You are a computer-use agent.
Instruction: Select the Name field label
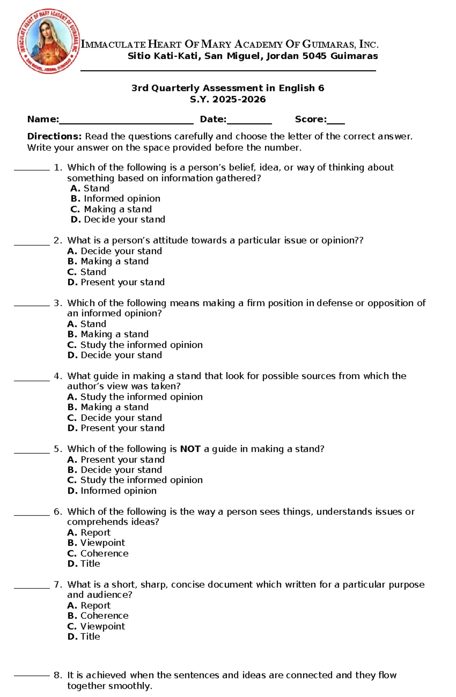(x=43, y=119)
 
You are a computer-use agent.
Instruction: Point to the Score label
(x=310, y=119)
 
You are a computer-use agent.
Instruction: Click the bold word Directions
(x=54, y=136)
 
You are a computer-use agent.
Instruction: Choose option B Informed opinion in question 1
(x=116, y=199)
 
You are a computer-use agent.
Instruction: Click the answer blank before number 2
(x=32, y=243)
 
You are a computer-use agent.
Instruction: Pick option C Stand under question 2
(x=87, y=272)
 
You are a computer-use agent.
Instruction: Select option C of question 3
(x=135, y=345)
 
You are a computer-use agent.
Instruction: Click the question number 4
(x=57, y=376)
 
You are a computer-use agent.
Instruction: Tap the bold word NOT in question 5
(x=190, y=449)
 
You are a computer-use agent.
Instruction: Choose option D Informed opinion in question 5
(x=112, y=491)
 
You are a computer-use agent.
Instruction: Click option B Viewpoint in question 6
(x=97, y=543)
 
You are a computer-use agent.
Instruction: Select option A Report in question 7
(x=89, y=605)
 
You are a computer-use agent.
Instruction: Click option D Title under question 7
(x=84, y=637)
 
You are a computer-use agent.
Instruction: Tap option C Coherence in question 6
(x=98, y=553)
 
